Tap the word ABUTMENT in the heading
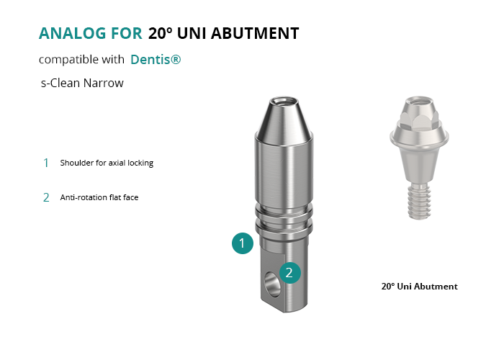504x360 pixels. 255,33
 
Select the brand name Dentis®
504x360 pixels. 156,60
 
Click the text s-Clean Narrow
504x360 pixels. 82,83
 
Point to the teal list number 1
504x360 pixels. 46,163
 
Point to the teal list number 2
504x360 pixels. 46,197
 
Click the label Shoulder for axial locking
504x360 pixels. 107,163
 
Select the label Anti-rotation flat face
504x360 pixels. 99,197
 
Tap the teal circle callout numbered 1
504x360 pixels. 243,243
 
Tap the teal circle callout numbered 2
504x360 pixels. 289,273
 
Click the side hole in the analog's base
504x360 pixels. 271,284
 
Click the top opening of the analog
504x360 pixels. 284,102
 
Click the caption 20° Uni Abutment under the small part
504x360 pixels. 420,287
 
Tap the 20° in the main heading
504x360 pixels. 160,33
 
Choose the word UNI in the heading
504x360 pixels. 192,33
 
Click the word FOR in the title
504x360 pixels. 126,33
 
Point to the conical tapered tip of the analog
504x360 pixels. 284,120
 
